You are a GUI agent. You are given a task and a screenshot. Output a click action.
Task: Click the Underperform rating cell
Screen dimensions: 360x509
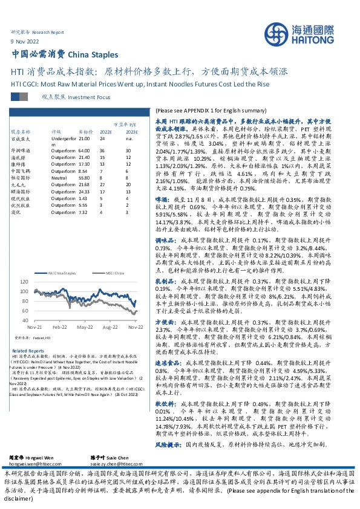(63, 139)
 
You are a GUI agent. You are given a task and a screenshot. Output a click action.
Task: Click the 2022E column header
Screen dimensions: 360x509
(106, 131)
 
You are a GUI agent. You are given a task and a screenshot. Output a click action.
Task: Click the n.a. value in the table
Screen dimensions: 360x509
(128, 139)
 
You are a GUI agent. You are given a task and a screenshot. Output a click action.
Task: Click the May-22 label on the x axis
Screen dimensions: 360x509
(84, 326)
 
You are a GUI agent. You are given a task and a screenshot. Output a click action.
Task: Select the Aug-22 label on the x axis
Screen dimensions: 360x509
(110, 326)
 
